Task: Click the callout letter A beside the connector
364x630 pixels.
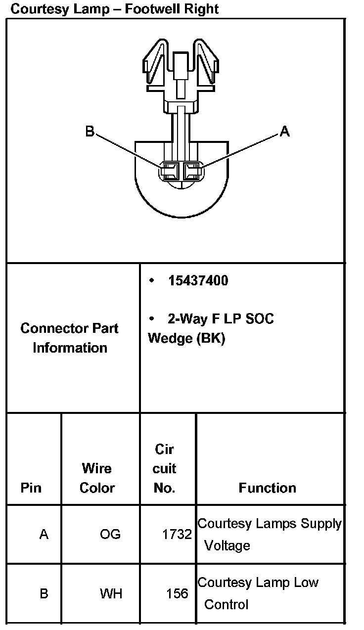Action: pos(284,132)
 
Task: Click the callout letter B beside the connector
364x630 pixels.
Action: pos(90,132)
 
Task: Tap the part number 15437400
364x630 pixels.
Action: pos(198,281)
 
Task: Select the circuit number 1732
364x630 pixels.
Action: pos(177,535)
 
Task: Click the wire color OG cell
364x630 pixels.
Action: pos(110,535)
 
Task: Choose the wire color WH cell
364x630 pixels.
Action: pos(111,593)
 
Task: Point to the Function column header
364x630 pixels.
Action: pos(267,488)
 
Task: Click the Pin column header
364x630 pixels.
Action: pos(31,488)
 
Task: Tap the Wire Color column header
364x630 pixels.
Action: pos(97,478)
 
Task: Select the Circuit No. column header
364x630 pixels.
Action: pos(164,469)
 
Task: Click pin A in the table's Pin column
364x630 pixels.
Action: pos(44,535)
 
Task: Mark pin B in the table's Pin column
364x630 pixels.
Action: pos(44,593)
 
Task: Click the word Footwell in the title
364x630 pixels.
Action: pos(150,9)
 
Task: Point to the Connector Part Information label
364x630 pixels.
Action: pos(70,338)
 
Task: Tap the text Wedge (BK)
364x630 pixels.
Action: pos(186,339)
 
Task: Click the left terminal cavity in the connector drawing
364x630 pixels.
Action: pos(171,172)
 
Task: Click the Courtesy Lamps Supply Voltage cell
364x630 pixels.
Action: pos(269,535)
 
